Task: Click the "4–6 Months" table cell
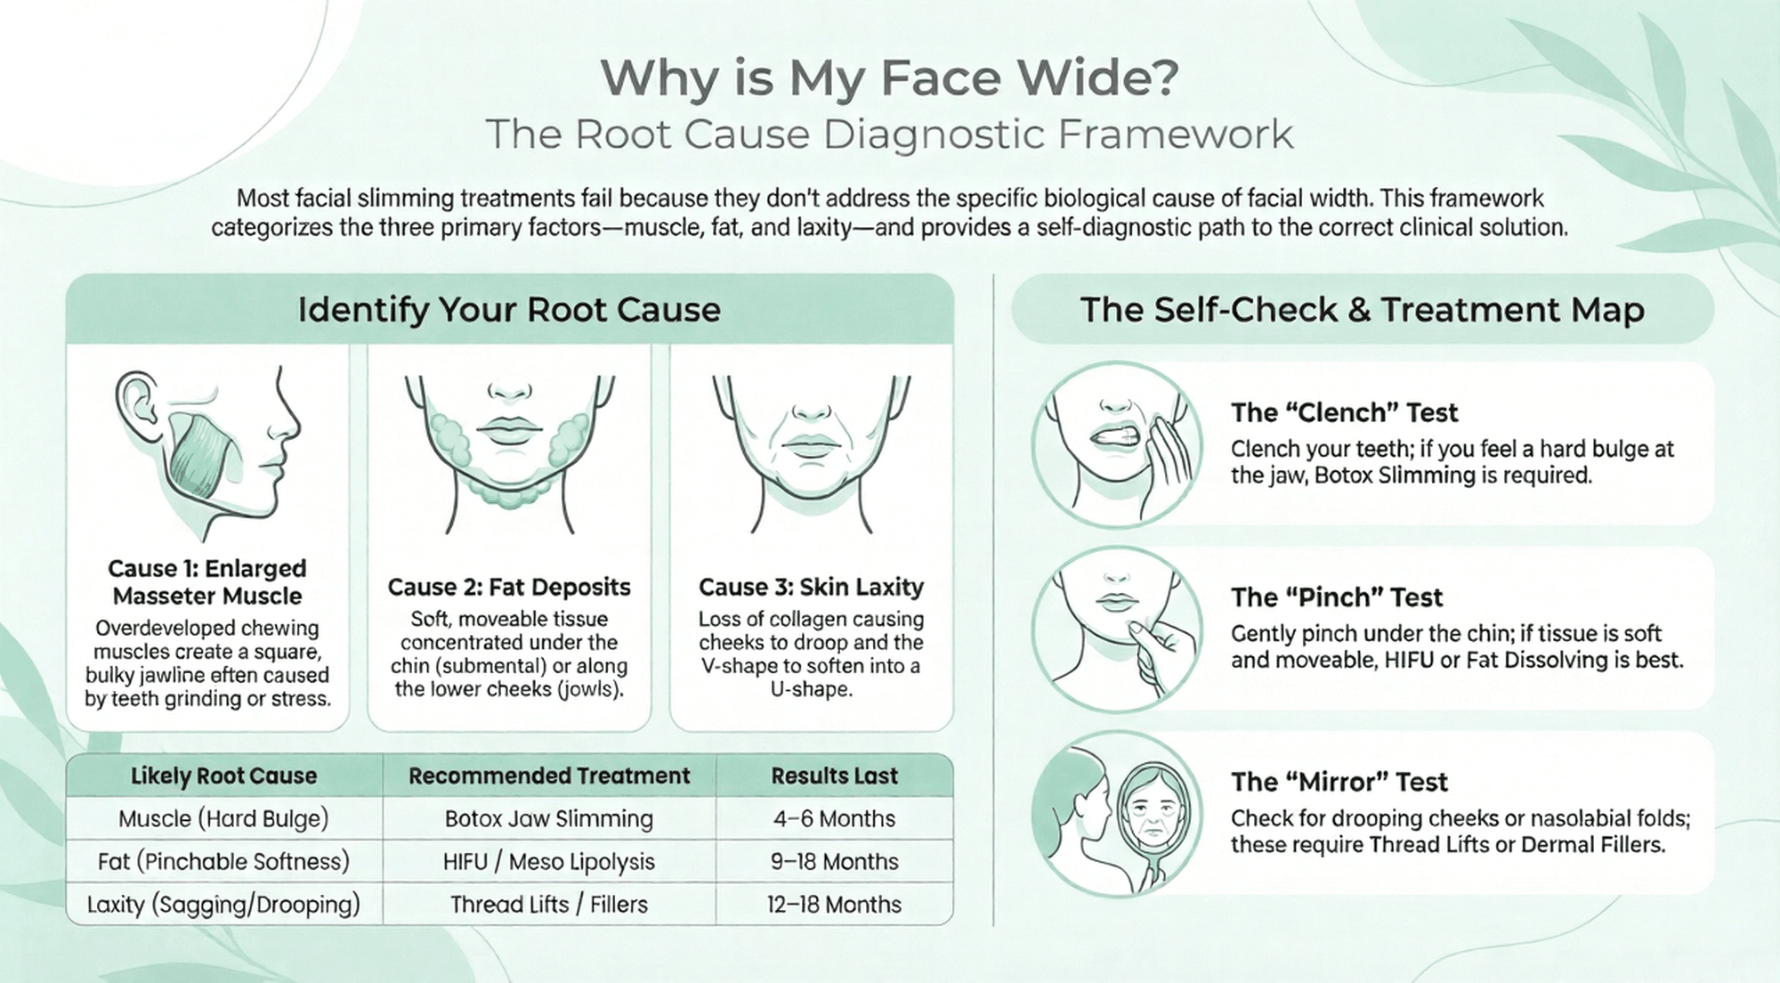click(834, 818)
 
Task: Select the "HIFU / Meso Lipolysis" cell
click(549, 861)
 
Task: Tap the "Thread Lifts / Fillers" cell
click(549, 904)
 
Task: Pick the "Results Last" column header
click(834, 776)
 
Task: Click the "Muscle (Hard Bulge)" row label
click(223, 818)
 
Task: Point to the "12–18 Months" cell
click(834, 904)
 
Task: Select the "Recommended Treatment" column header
click(549, 776)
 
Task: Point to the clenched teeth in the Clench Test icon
click(1118, 437)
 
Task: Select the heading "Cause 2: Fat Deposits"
click(509, 587)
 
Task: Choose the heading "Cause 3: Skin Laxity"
click(811, 587)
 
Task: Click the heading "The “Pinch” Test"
click(1337, 597)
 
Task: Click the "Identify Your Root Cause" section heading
click(509, 310)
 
